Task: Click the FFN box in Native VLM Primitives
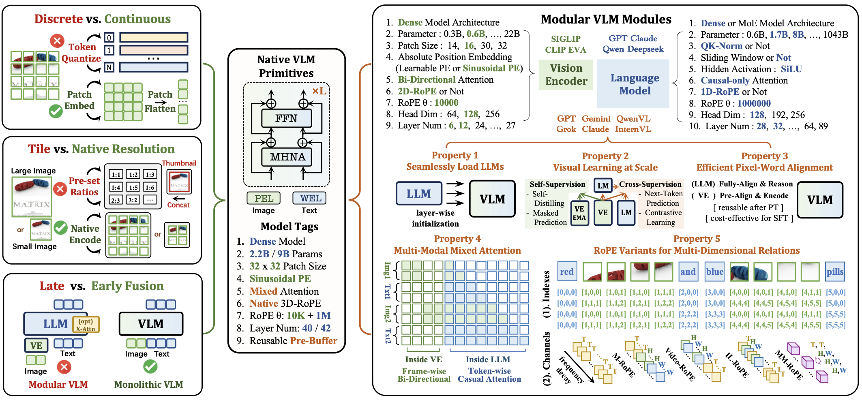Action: tap(286, 119)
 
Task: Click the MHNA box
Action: tap(287, 157)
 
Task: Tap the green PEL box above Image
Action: tap(264, 198)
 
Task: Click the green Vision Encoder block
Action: tap(566, 75)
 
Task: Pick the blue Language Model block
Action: tap(635, 84)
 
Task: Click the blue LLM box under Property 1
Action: tap(419, 194)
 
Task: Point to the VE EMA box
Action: tap(579, 213)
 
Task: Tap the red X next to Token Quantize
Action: tap(57, 41)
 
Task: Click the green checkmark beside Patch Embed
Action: tap(56, 111)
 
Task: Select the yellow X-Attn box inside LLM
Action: tap(86, 325)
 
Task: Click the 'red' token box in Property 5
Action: tap(566, 272)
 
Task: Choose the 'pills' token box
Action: tap(835, 272)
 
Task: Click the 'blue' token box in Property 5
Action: tap(714, 272)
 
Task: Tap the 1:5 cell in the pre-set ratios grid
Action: tap(133, 187)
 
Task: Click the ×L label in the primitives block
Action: tap(319, 91)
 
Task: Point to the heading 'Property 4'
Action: tap(457, 239)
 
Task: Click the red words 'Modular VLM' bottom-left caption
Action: tap(58, 385)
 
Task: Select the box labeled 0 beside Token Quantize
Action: tap(109, 38)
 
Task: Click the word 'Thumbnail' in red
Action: tap(179, 163)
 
